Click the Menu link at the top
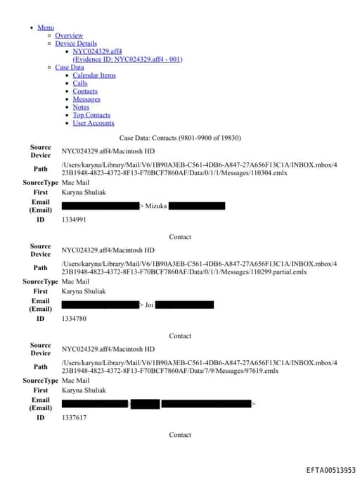pos(45,27)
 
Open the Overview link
pos(69,35)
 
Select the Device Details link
pos(76,43)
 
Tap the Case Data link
pos(69,68)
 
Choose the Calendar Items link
pos(94,75)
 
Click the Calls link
pos(80,83)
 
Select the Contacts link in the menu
pos(85,91)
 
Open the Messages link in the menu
pos(86,99)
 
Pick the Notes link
pos(81,107)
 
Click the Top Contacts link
pos(91,115)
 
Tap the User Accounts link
pos(94,123)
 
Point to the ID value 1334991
pos(74,220)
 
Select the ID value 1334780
pos(74,319)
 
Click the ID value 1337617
pos(74,418)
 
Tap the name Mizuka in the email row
pos(155,206)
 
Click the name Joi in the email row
pos(149,305)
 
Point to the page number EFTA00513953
pos(330,470)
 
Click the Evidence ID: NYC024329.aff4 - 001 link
pos(127,59)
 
